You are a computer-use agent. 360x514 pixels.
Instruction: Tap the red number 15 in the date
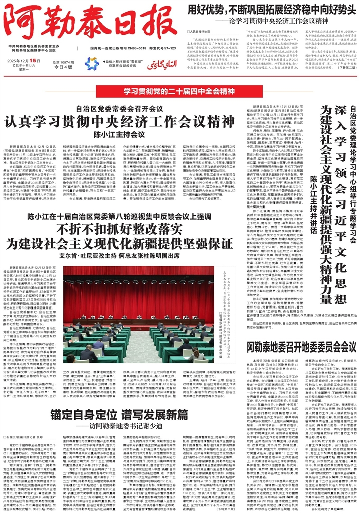(35, 60)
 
